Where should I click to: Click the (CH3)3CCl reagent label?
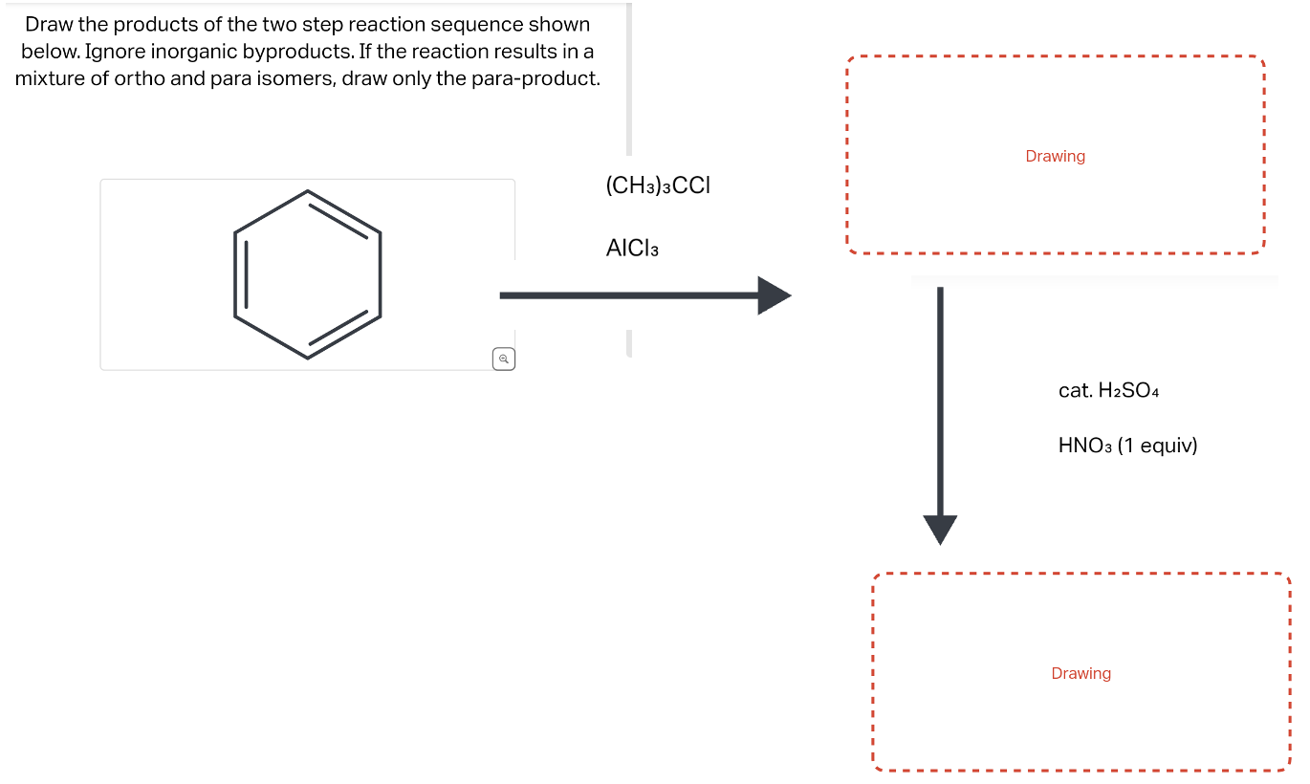click(658, 185)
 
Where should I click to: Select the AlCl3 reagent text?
click(632, 249)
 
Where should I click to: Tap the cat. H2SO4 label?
click(1108, 390)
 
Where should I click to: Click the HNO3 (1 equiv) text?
click(1127, 446)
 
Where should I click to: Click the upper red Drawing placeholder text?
click(1055, 156)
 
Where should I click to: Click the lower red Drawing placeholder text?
click(1081, 673)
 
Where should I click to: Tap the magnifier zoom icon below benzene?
click(504, 359)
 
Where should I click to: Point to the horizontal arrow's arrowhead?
click(775, 295)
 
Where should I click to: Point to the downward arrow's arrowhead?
click(940, 529)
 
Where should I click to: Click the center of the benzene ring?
click(307, 274)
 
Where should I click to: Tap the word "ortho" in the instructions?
click(140, 78)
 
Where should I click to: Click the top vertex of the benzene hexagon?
click(307, 191)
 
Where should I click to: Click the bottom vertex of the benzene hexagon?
click(307, 358)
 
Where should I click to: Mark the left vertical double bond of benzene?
click(241, 274)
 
